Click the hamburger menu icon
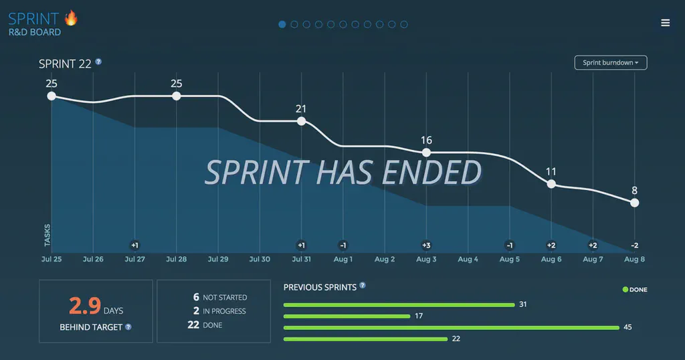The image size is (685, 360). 665,23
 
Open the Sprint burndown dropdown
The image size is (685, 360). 610,63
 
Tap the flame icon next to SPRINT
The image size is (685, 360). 71,18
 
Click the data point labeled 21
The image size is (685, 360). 301,121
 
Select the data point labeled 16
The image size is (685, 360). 426,153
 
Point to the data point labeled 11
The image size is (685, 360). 551,183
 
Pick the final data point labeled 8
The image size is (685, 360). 634,203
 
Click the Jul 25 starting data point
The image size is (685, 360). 52,96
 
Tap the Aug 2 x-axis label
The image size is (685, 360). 385,259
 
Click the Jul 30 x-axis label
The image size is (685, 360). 260,259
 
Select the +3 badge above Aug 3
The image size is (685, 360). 426,245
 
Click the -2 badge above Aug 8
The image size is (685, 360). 634,245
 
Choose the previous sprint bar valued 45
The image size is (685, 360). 452,327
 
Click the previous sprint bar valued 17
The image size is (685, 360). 347,316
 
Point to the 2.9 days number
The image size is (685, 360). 85,306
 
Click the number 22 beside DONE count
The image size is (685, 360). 193,325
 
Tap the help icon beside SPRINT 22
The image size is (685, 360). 98,62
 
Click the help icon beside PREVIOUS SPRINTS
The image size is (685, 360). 363,285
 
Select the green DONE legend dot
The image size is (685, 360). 625,290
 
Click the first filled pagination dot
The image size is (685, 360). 282,25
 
